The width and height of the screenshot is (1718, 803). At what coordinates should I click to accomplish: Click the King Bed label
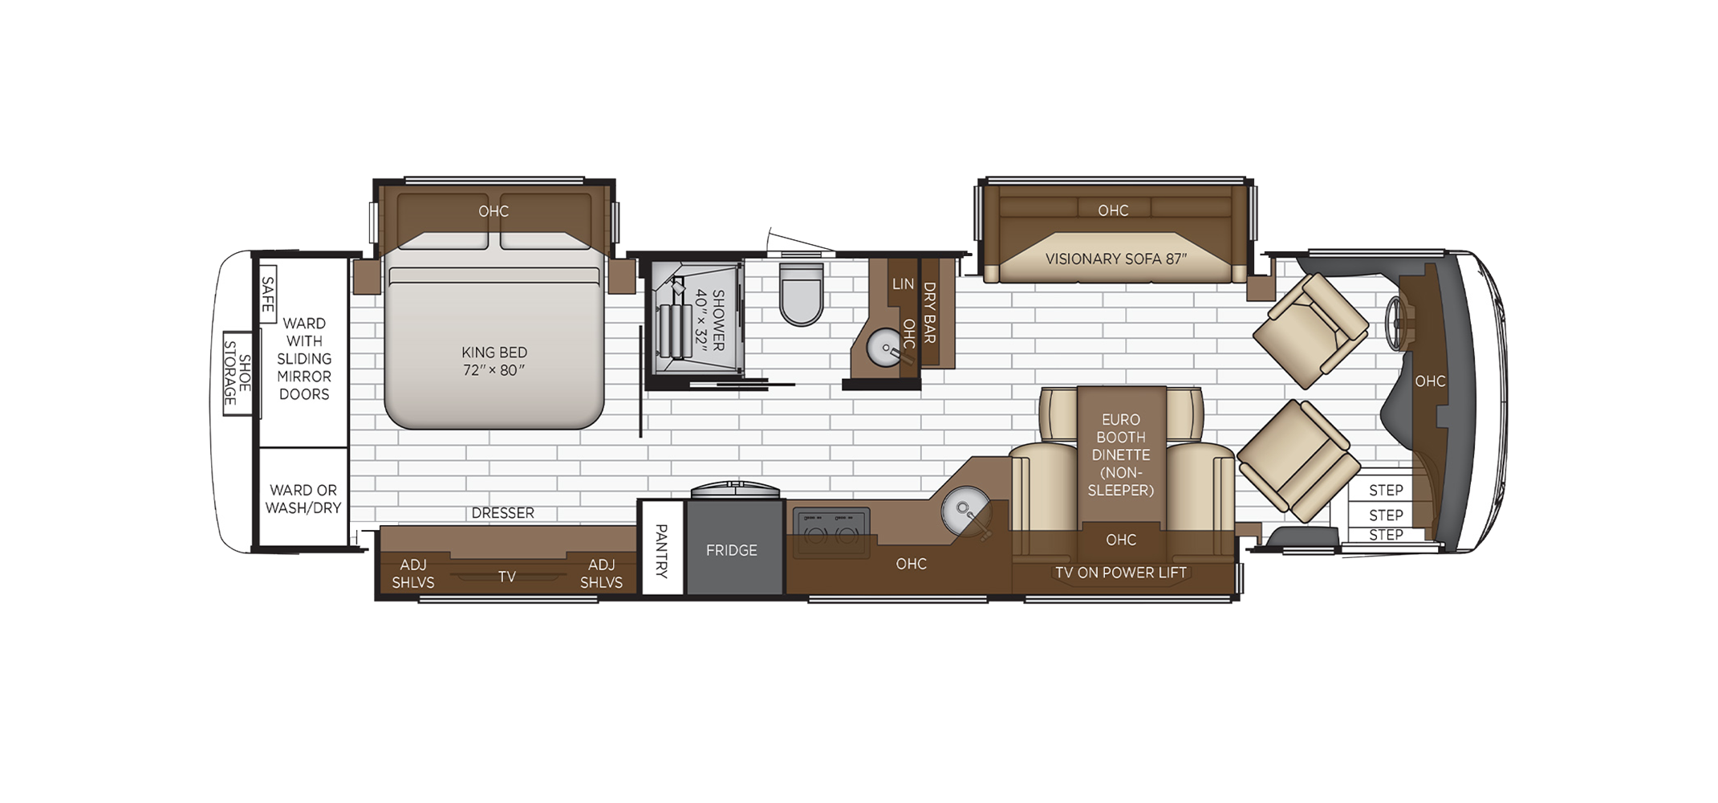tap(494, 361)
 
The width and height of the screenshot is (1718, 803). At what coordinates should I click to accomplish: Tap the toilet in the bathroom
tap(802, 294)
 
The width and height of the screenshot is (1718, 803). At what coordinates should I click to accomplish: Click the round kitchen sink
tap(965, 509)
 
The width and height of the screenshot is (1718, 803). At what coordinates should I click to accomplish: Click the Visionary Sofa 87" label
tap(1115, 259)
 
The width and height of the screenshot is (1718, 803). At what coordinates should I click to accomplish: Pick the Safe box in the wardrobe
tap(267, 294)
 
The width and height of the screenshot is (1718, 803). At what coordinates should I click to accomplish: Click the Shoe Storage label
tap(237, 373)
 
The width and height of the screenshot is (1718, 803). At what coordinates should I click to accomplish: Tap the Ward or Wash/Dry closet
tap(303, 498)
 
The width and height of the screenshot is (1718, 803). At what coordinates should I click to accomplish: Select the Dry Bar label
tap(930, 312)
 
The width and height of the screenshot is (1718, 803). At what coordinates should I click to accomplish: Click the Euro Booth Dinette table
tap(1121, 455)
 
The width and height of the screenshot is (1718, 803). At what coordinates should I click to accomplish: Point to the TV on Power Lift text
tap(1120, 573)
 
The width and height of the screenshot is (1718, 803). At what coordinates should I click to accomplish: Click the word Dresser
tap(502, 513)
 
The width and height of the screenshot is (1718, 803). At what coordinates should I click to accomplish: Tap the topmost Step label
tap(1386, 490)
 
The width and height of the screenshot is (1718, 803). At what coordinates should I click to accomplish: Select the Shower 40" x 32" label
tap(709, 320)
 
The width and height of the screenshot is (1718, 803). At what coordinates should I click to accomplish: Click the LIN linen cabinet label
tap(903, 283)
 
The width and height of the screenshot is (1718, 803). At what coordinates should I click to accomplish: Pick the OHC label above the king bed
tap(493, 211)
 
